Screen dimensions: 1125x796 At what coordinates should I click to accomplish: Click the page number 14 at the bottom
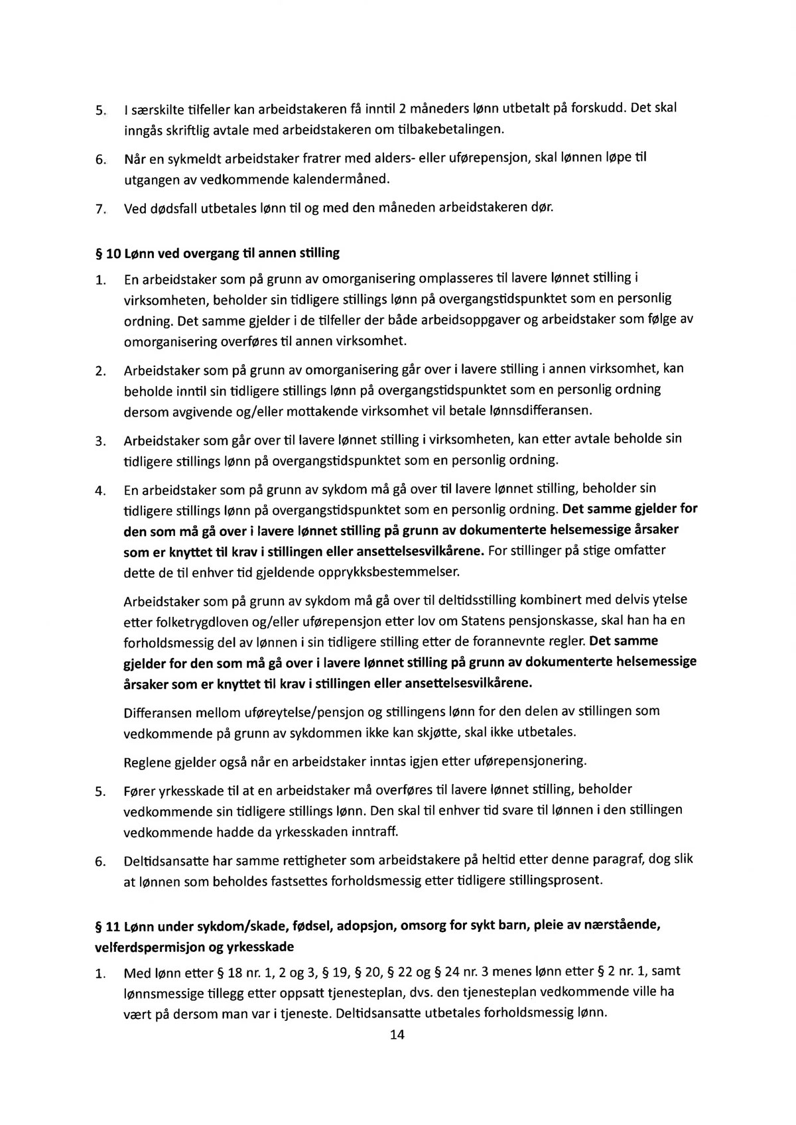[x=397, y=1035]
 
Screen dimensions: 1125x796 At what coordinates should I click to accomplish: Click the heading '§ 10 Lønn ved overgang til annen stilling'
[x=218, y=253]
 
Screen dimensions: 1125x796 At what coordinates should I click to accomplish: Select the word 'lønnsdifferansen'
[x=539, y=411]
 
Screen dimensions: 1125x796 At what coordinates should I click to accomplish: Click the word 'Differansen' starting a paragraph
[x=157, y=713]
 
